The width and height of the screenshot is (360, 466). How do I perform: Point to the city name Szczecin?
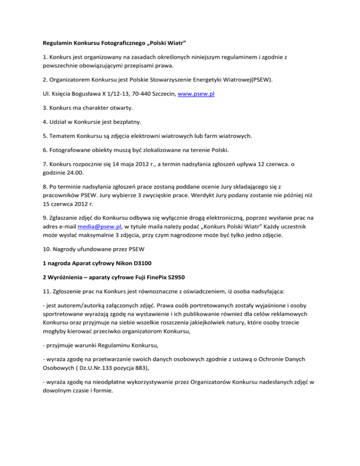pyautogui.click(x=164, y=94)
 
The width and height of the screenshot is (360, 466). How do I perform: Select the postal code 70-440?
pyautogui.click(x=134, y=94)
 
